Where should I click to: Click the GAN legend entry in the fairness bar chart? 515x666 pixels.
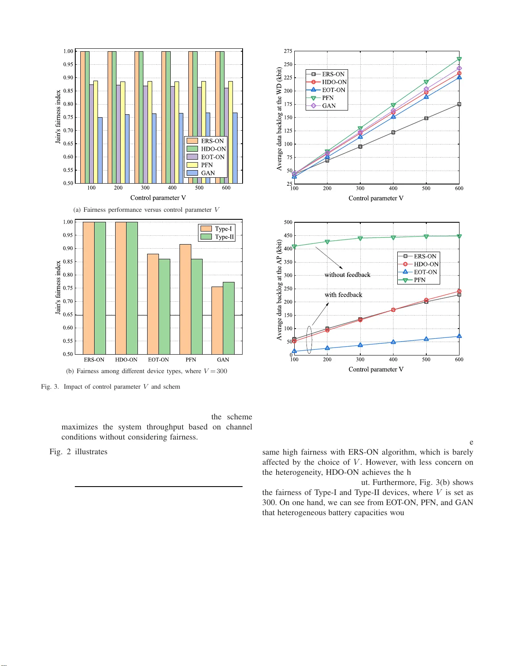click(x=207, y=173)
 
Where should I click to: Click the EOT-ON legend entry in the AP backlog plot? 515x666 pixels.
click(x=425, y=272)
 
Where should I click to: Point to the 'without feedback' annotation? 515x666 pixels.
click(x=347, y=275)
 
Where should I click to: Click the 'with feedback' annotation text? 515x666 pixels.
click(x=343, y=295)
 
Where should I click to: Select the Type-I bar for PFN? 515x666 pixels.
click(x=185, y=299)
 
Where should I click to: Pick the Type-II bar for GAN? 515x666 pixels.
click(x=229, y=318)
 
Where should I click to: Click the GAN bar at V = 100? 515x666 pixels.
click(x=100, y=150)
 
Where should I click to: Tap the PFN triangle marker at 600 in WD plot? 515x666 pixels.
click(x=459, y=59)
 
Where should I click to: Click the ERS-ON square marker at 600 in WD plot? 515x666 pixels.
click(x=459, y=104)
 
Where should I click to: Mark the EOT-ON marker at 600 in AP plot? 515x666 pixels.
click(x=459, y=336)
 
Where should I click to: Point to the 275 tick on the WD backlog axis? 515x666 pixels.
click(x=288, y=51)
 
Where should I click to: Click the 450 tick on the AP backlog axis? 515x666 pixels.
click(x=288, y=236)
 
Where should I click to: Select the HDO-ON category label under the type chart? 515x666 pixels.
click(x=126, y=360)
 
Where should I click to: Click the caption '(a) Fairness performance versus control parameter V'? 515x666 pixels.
click(x=146, y=210)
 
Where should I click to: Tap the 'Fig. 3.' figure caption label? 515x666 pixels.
click(x=50, y=387)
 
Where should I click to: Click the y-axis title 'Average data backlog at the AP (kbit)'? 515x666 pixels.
click(x=279, y=290)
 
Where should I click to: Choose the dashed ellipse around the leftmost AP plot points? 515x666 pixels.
click(x=309, y=340)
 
